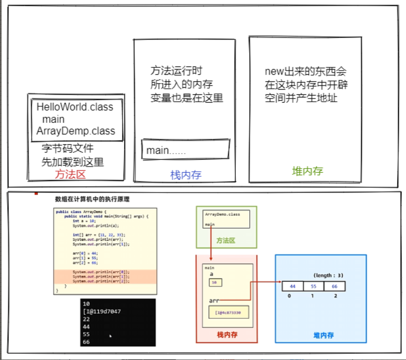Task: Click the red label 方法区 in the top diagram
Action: (70, 175)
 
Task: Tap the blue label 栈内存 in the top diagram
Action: (186, 175)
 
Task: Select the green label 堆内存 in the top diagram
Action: (307, 171)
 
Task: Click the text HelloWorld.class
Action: (75, 107)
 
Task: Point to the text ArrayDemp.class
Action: (76, 131)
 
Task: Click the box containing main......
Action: (185, 150)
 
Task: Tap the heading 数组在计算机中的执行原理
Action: (92, 199)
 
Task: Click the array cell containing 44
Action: (292, 286)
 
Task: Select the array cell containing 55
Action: (314, 286)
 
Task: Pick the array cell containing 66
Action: (334, 286)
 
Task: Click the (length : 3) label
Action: (328, 275)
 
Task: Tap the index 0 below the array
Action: (288, 296)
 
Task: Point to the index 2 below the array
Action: (335, 296)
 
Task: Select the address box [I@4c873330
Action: (228, 312)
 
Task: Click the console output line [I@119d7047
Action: (102, 311)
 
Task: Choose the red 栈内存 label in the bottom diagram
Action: (227, 335)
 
